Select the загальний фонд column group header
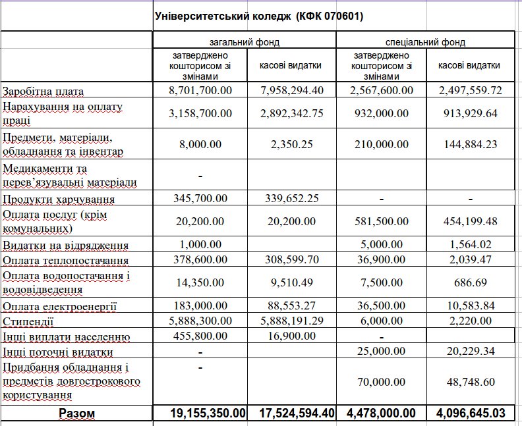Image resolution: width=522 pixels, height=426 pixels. (245, 42)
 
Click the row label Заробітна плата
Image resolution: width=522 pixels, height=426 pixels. (53, 91)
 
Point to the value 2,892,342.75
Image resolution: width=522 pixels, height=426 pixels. (291, 113)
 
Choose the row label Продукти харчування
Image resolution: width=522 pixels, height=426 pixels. (59, 199)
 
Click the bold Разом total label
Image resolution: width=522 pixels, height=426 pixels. (76, 413)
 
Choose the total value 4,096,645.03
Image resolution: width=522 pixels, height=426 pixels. (470, 413)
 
